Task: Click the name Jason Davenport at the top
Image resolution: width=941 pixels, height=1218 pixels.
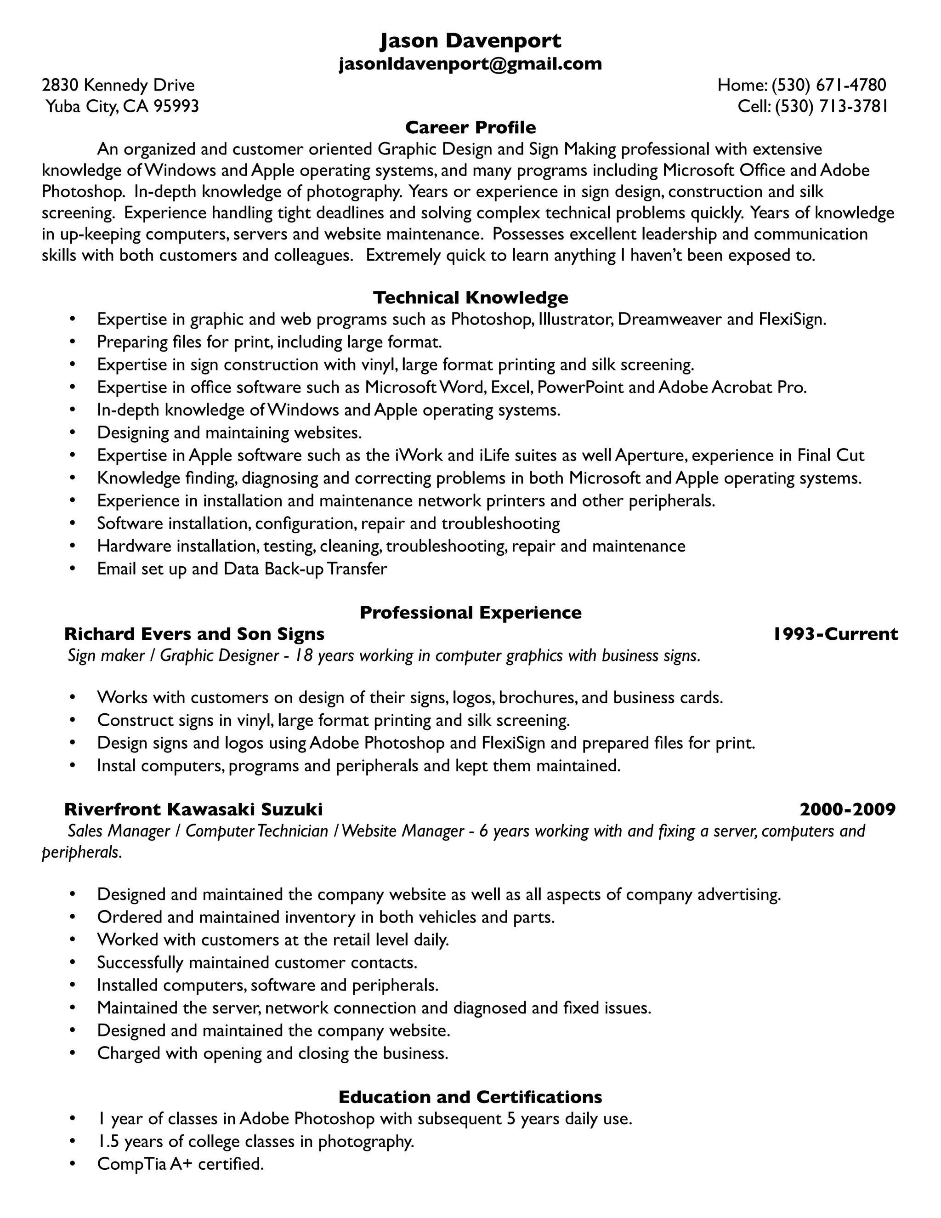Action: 470,41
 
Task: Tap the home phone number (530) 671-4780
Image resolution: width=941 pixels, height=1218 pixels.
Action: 828,85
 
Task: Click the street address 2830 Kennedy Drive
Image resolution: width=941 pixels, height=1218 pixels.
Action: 118,85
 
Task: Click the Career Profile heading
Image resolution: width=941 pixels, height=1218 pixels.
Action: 470,128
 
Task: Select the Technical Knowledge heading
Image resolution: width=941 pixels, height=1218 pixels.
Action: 470,297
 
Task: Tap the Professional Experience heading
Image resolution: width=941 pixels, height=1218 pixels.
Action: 470,612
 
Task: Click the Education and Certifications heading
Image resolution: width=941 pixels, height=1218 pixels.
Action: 470,1097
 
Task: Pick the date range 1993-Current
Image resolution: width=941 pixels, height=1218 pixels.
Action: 836,634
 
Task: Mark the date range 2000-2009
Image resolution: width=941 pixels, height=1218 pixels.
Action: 847,809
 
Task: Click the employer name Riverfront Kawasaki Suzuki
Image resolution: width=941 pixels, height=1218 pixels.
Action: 193,809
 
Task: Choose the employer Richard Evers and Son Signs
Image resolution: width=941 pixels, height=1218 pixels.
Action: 194,634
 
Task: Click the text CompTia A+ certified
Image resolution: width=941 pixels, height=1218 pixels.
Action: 180,1164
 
